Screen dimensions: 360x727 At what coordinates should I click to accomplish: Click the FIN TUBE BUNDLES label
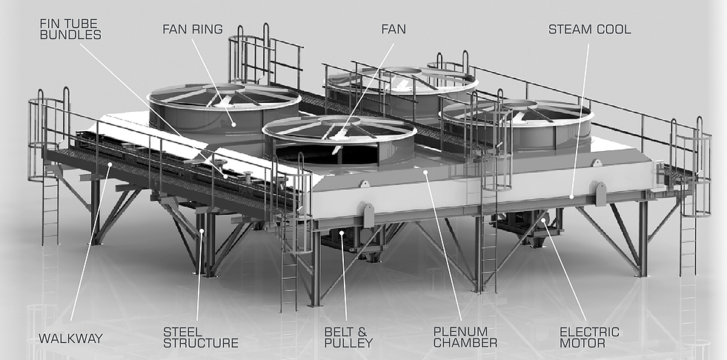70,28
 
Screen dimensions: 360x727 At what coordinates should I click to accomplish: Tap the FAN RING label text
193,30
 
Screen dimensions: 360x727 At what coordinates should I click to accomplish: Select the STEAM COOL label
589,30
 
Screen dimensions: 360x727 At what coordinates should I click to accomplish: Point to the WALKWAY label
71,339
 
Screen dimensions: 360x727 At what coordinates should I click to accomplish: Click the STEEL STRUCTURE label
201,337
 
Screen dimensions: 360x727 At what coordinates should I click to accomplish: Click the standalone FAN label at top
394,30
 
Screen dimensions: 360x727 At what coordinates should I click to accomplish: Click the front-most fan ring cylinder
339,144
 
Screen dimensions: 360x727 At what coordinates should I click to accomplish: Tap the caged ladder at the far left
49,141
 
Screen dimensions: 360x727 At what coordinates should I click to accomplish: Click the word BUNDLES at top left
70,34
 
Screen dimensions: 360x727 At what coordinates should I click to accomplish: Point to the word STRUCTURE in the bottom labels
201,343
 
